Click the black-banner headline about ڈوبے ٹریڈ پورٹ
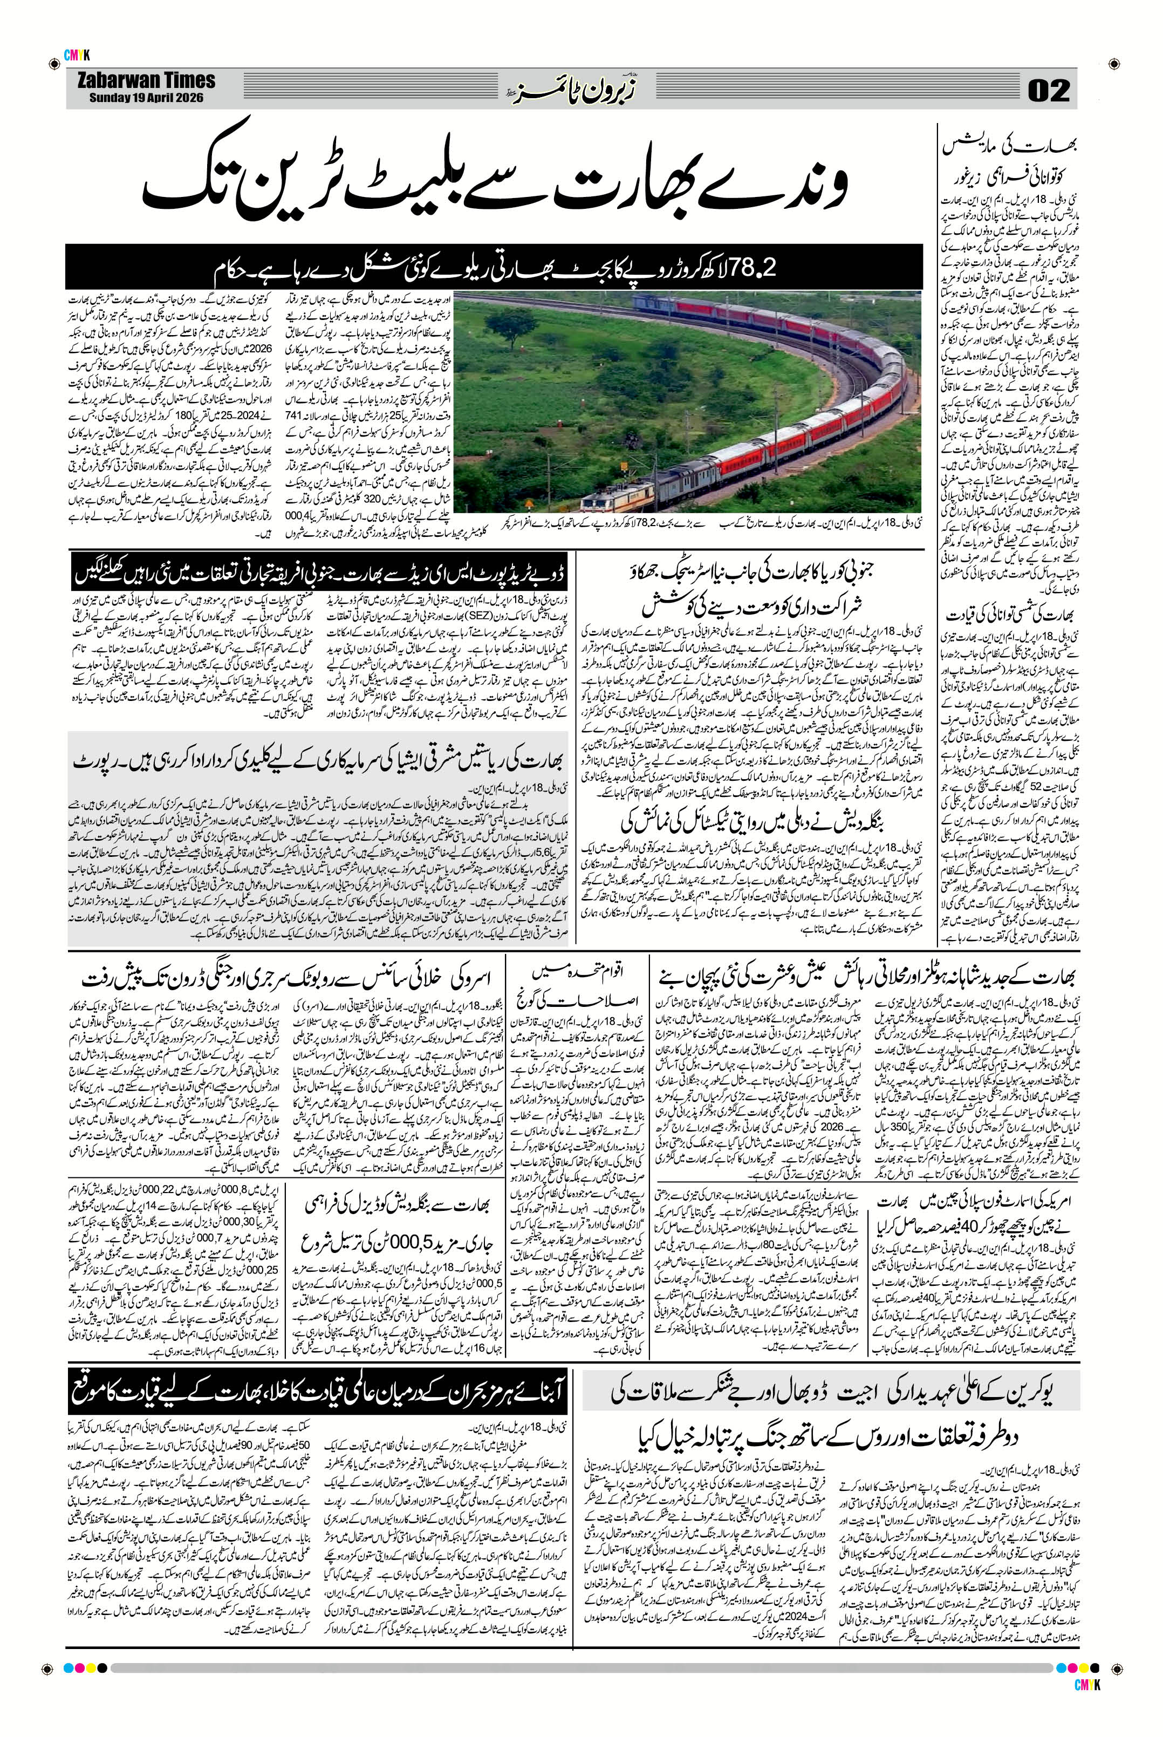tap(321, 572)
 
